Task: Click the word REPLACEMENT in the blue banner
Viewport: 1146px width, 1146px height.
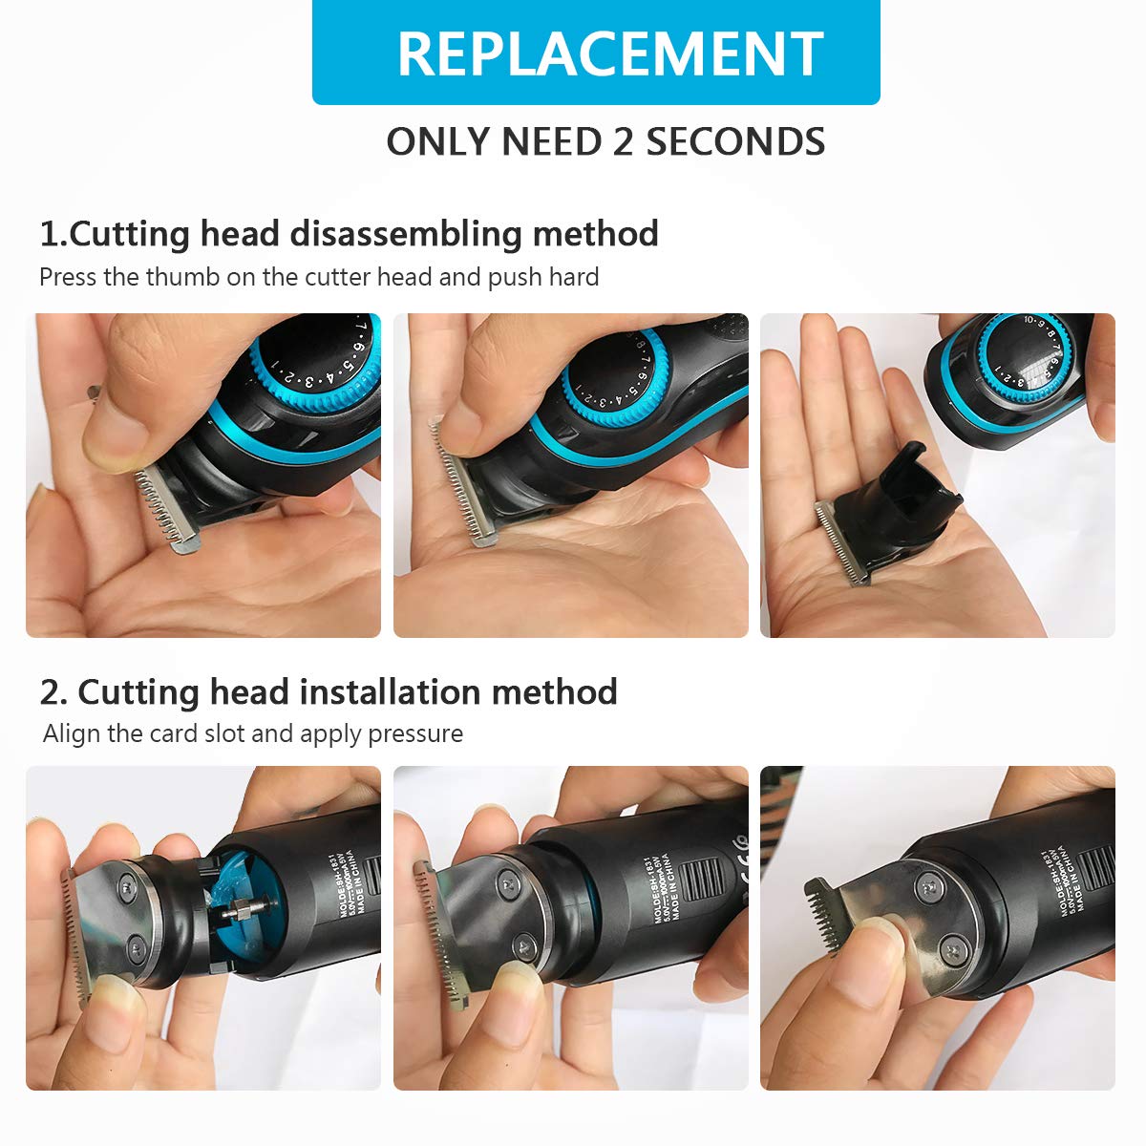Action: click(609, 53)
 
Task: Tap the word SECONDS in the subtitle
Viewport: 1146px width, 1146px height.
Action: click(734, 142)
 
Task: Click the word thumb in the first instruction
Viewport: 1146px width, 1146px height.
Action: click(186, 278)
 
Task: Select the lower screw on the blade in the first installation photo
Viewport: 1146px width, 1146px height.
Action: click(136, 947)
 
